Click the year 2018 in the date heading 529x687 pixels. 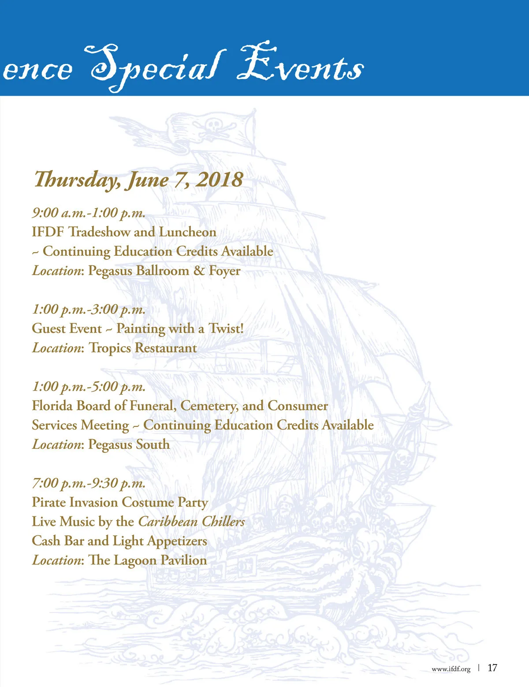pos(219,180)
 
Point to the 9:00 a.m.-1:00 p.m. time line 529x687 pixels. pos(89,213)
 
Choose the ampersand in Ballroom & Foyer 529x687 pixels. pos(199,271)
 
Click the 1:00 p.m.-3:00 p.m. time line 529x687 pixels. pos(89,310)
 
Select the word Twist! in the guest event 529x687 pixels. pos(226,329)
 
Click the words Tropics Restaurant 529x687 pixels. pos(143,348)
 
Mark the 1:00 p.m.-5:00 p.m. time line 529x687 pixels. pos(89,387)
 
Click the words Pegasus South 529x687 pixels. pos(129,444)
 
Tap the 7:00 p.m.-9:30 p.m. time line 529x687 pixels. pos(89,483)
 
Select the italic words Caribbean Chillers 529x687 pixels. pos(191,522)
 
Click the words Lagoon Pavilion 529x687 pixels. pos(160,560)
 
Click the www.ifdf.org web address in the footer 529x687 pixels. pos(451,669)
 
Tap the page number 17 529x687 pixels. pos(492,668)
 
